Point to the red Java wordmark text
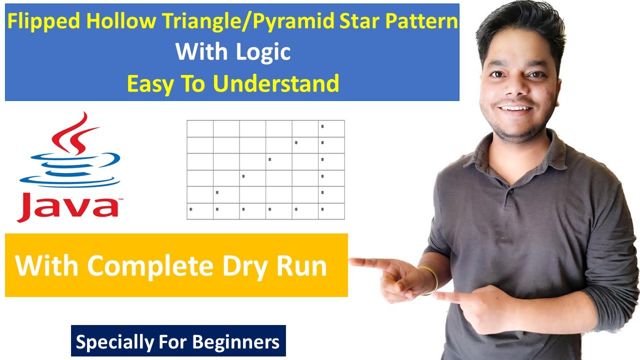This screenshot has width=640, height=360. pyautogui.click(x=67, y=206)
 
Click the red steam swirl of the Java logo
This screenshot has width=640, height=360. pyautogui.click(x=75, y=132)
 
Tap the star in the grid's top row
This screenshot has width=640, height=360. pyautogui.click(x=322, y=126)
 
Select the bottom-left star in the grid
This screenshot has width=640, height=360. pyautogui.click(x=190, y=209)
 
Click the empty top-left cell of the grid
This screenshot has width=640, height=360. pyautogui.click(x=200, y=128)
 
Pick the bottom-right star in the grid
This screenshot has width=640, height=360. pyautogui.click(x=322, y=209)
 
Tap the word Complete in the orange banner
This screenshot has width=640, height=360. pyautogui.click(x=150, y=266)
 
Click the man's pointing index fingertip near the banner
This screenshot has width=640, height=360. pyautogui.click(x=353, y=261)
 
